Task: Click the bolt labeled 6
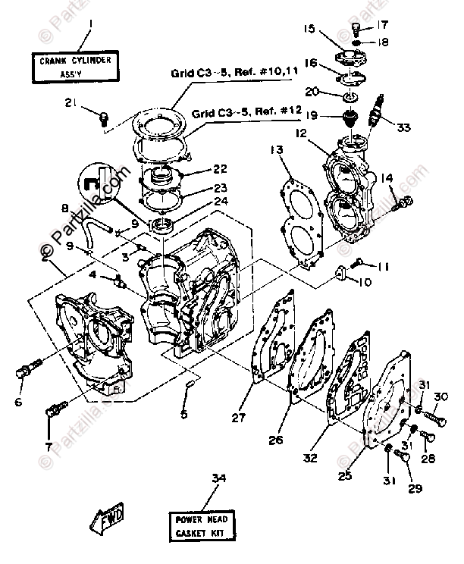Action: coord(26,372)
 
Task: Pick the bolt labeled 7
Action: coord(54,410)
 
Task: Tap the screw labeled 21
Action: coord(105,115)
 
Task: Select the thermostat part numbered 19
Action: coord(353,120)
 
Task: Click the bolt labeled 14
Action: coord(407,202)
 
